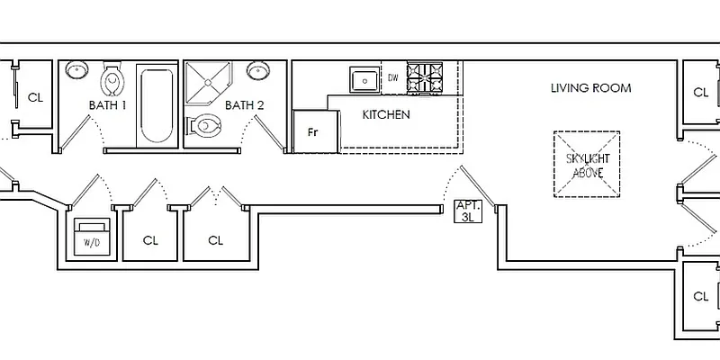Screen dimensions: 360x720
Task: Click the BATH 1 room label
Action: (107, 105)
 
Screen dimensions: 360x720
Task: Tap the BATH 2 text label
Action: (244, 105)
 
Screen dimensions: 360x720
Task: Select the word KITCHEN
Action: (386, 115)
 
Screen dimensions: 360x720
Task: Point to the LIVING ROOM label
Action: (590, 88)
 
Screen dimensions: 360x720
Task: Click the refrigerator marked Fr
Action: (313, 132)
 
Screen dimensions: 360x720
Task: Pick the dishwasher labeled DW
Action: (392, 77)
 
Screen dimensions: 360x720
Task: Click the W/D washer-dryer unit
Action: (91, 236)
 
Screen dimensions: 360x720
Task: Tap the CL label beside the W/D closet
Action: (151, 240)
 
